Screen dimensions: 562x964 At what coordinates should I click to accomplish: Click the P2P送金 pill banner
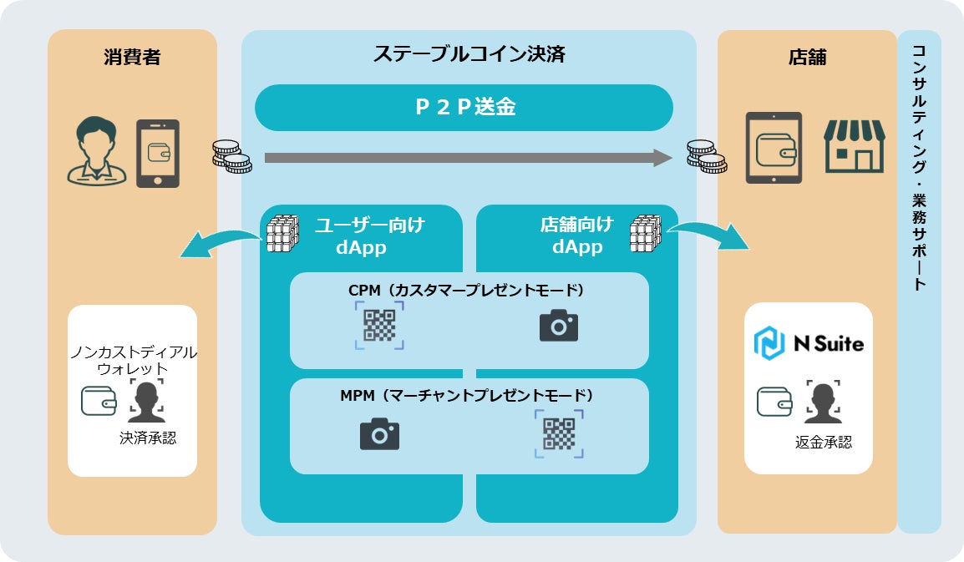coord(464,108)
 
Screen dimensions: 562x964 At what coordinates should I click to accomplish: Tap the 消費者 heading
coord(132,57)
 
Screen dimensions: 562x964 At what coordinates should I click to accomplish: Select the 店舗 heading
coord(806,57)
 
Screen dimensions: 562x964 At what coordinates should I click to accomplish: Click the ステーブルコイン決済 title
coord(469,55)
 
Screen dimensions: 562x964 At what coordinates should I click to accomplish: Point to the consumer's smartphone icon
coord(158,154)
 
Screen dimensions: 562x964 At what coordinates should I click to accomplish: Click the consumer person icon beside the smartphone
coord(97,151)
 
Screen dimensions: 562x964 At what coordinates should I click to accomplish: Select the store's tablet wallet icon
coord(773,148)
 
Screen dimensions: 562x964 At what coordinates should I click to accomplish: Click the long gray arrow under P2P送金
coord(468,158)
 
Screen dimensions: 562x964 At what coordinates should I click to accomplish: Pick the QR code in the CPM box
coord(379,326)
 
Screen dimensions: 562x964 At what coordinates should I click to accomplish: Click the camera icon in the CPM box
coord(559,325)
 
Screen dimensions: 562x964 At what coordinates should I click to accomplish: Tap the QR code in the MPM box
coord(559,434)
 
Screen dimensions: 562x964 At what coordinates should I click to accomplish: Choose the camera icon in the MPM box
coord(379,433)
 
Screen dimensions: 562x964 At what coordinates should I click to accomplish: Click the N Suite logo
coord(808,343)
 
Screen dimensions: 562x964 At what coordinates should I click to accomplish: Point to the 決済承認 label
coord(148,438)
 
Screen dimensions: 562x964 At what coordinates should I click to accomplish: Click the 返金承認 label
coord(823,442)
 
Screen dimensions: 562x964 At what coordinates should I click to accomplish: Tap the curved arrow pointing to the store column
coord(709,235)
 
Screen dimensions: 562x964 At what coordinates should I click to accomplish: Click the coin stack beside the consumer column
coord(231,156)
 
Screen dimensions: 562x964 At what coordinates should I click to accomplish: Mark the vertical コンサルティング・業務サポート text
coord(919,167)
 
